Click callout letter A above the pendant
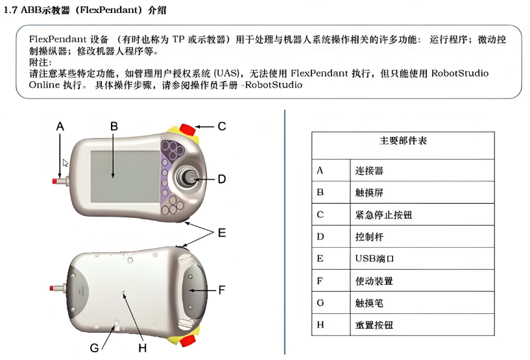pyautogui.click(x=60, y=126)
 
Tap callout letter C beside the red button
pyautogui.click(x=222, y=126)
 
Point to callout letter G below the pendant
pyautogui.click(x=94, y=348)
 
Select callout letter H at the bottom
pyautogui.click(x=142, y=348)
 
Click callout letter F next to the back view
pyautogui.click(x=222, y=290)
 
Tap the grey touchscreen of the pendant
pyautogui.click(x=125, y=176)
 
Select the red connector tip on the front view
pyautogui.click(x=54, y=181)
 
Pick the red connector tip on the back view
pyautogui.click(x=51, y=289)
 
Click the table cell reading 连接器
pyautogui.click(x=369, y=171)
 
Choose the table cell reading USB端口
pyautogui.click(x=374, y=259)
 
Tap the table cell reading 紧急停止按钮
pyautogui.click(x=383, y=215)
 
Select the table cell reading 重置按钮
pyautogui.click(x=374, y=325)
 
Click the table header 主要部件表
pyautogui.click(x=403, y=141)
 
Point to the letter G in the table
pyautogui.click(x=320, y=303)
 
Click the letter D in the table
pyautogui.click(x=320, y=237)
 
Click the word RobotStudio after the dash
pyautogui.click(x=274, y=85)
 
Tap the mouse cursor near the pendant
pyautogui.click(x=66, y=163)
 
